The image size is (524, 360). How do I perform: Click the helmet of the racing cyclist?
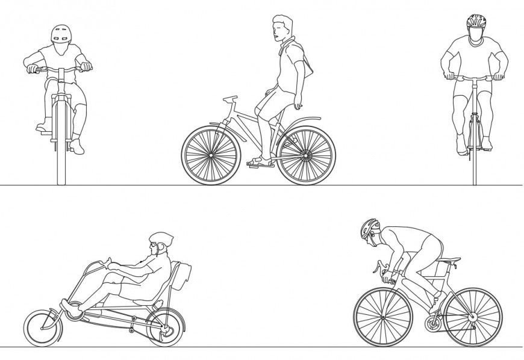[x=369, y=228]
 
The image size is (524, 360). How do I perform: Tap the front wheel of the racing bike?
[x=382, y=317]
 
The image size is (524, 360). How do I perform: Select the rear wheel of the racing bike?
[x=473, y=317]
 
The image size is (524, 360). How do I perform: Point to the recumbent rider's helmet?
[x=161, y=238]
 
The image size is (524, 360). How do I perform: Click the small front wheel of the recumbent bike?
[x=43, y=327]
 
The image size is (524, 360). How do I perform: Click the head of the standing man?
[x=282, y=28]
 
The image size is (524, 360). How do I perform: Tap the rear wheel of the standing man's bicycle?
[x=307, y=155]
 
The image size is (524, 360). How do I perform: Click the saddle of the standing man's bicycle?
[x=230, y=98]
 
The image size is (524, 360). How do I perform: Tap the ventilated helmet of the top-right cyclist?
[x=476, y=22]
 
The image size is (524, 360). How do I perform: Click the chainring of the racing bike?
[x=433, y=324]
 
